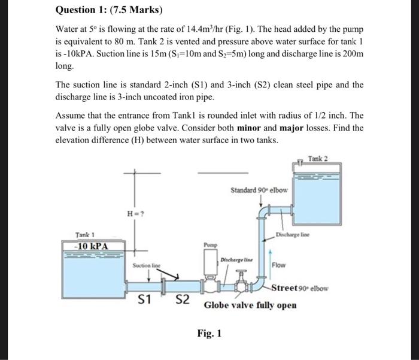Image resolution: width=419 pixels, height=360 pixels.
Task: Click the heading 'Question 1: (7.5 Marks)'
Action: tap(108, 11)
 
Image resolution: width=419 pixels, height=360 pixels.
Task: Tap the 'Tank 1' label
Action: tap(86, 235)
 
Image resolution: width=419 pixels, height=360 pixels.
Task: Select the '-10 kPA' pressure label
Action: tap(87, 246)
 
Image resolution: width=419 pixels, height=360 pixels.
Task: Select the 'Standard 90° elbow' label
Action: tap(259, 190)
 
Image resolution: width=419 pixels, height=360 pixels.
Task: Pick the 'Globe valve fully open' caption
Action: tap(250, 305)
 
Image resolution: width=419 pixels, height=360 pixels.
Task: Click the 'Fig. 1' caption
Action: tap(209, 333)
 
